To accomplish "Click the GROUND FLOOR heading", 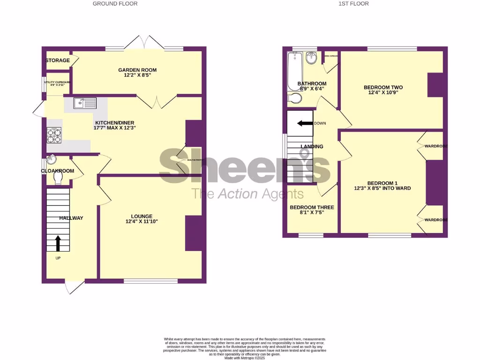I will point(115,4).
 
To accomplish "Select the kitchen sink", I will point(84,103).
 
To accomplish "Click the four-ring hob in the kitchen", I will point(53,135).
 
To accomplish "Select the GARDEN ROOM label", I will point(137,70).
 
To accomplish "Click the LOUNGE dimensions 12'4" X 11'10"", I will point(142,222).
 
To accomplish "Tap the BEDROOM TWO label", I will point(383,88).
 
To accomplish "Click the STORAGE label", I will point(58,60).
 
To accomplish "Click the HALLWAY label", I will point(71,218).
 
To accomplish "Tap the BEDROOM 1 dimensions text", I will point(382,188).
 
